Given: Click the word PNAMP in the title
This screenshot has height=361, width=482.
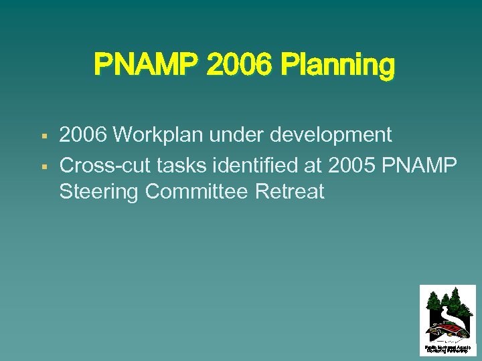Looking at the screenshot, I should (x=147, y=66).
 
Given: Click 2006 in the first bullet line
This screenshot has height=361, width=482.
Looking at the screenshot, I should (x=83, y=135).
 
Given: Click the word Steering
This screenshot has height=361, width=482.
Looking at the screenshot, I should (x=99, y=193).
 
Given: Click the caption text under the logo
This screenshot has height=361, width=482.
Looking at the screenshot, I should (x=447, y=348).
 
